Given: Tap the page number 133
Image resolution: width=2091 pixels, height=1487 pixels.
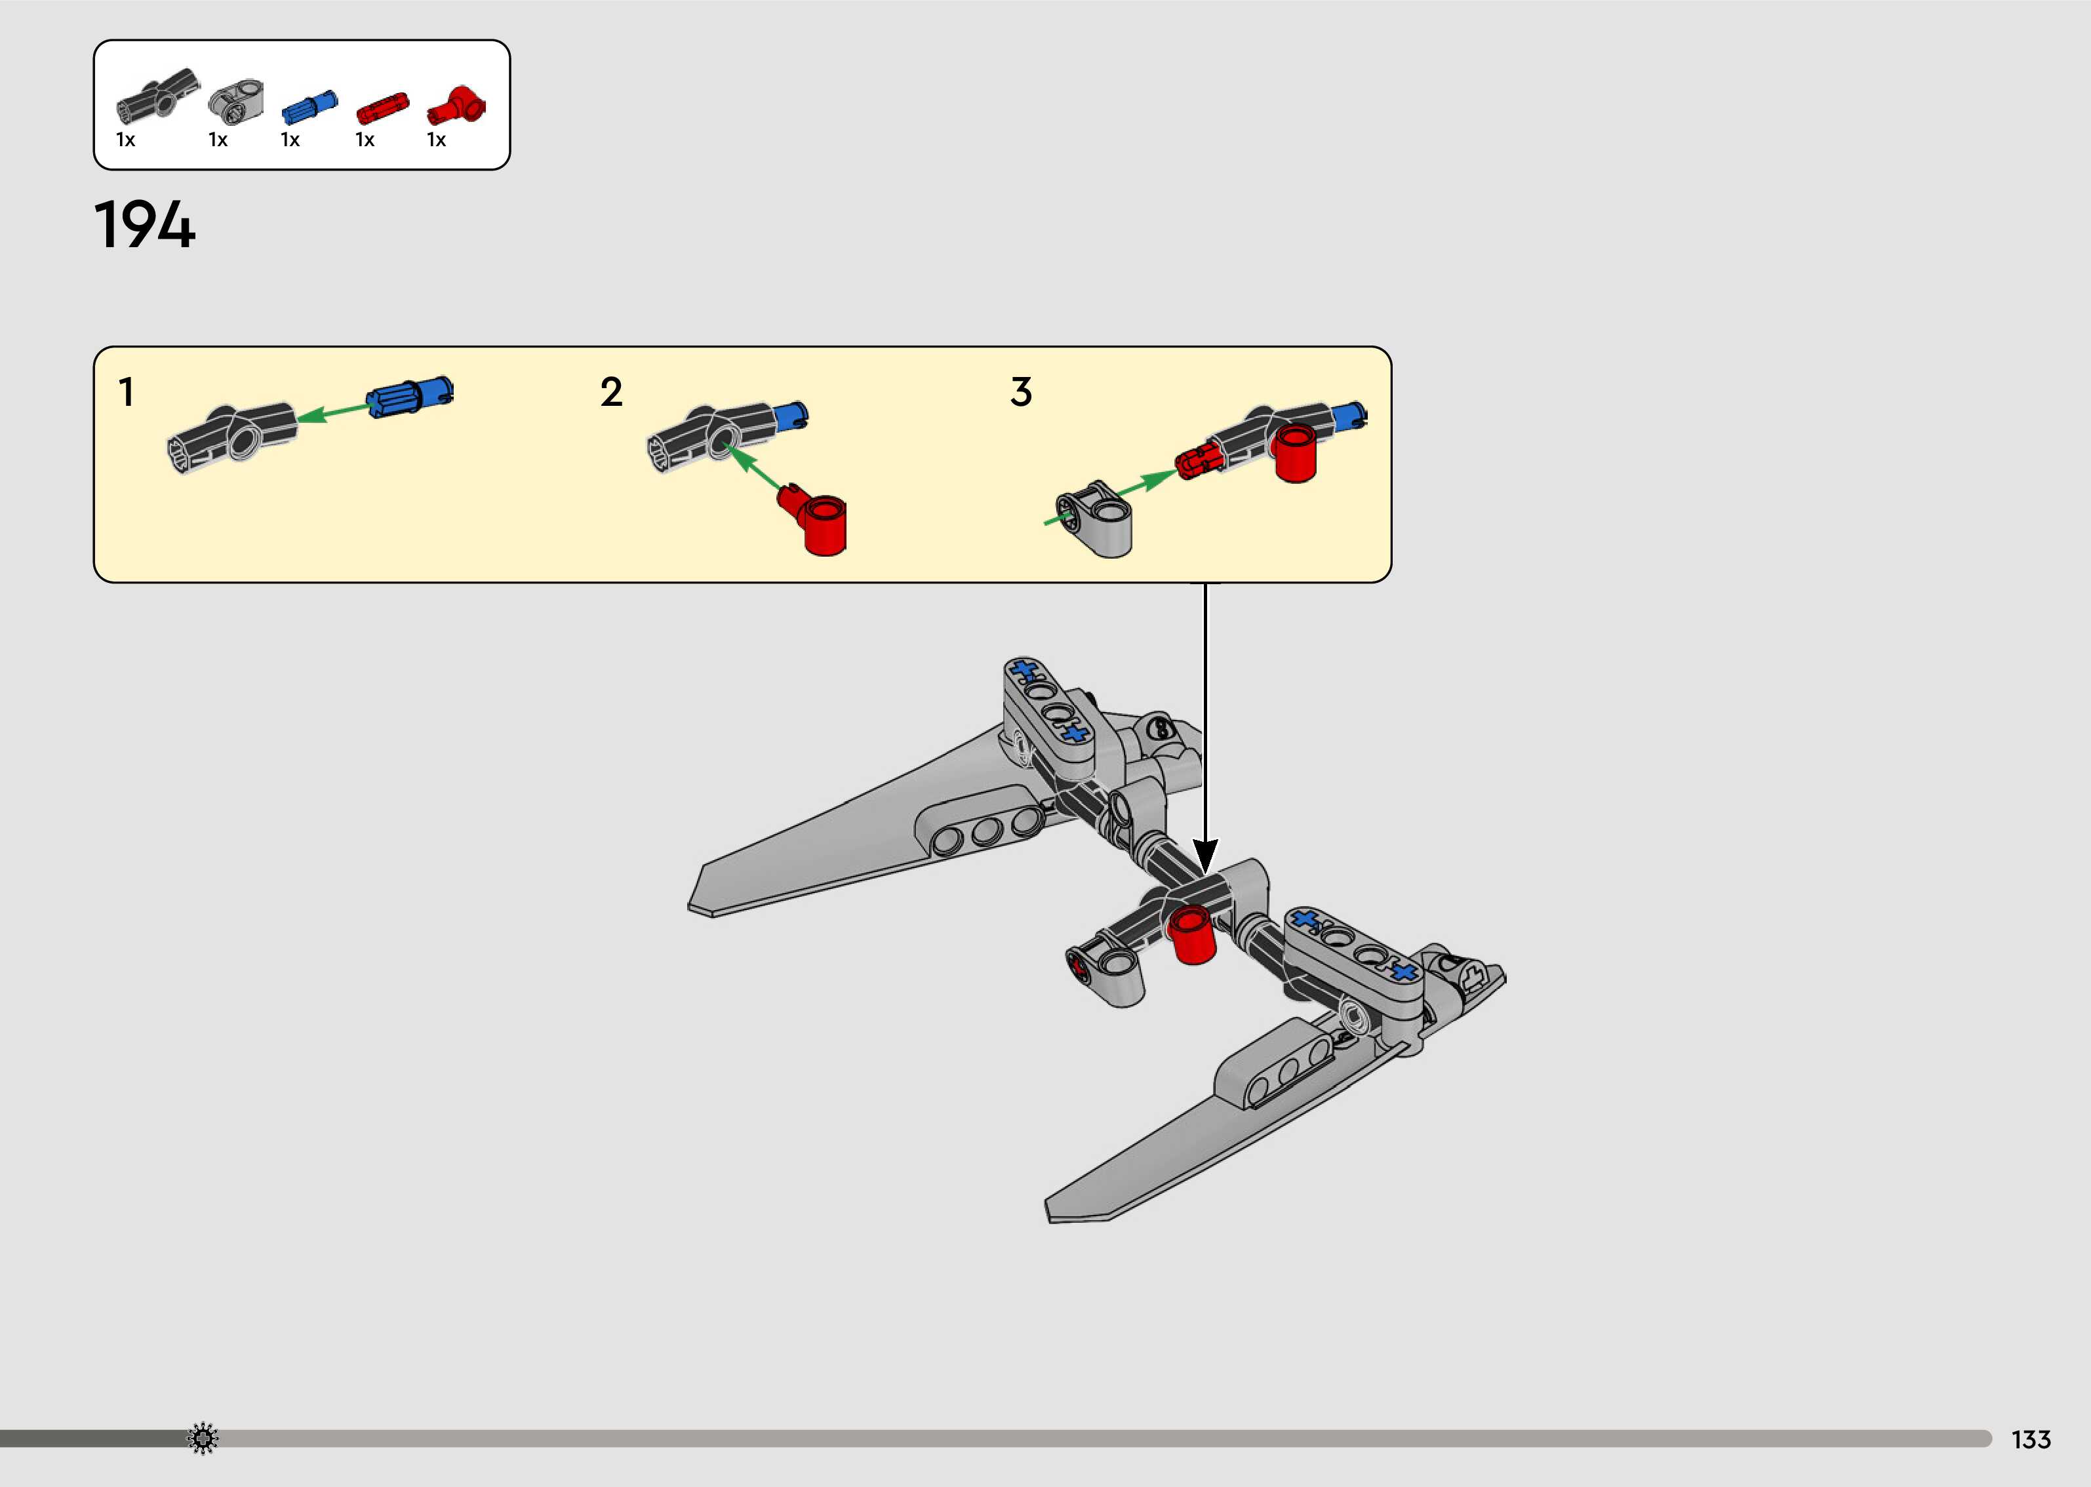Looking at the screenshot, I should coord(2031,1439).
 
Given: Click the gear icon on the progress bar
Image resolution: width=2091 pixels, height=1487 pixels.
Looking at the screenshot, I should coord(203,1438).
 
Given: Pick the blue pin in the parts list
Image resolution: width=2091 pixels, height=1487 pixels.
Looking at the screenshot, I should coord(309,107).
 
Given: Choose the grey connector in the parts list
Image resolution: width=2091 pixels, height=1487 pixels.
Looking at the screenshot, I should coord(236,102).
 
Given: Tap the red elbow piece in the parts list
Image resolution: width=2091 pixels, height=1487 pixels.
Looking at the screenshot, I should coord(457,106).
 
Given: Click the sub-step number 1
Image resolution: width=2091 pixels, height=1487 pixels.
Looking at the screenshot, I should coord(127,392).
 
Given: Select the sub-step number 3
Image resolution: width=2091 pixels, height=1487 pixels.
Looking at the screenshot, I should coord(1021,392).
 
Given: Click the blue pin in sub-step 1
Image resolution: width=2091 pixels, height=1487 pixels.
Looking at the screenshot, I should coord(409,397).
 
